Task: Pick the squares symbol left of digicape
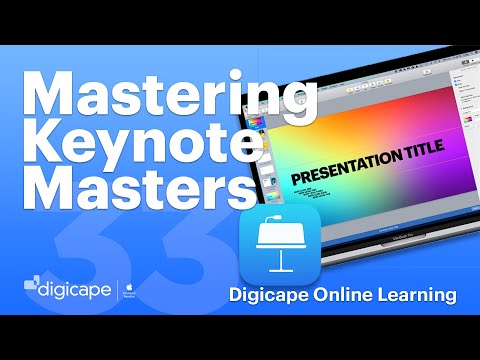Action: [33, 289]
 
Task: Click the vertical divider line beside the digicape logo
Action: [118, 293]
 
